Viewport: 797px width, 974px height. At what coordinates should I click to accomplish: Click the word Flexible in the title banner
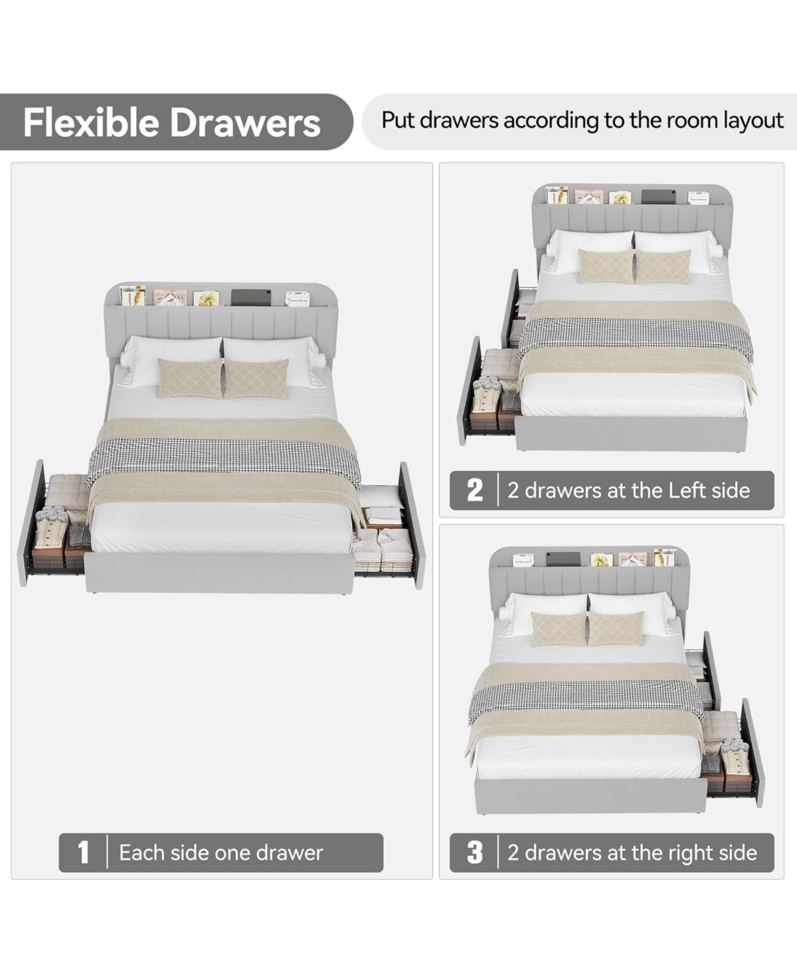(92, 122)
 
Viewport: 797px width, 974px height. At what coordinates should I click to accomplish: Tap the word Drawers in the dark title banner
(245, 123)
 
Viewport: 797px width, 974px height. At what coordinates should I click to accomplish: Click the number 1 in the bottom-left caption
(83, 852)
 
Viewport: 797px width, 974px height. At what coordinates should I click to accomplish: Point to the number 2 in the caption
(475, 490)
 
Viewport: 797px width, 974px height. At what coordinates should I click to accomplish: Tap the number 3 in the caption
(475, 852)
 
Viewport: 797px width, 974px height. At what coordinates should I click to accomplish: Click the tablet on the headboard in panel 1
(251, 297)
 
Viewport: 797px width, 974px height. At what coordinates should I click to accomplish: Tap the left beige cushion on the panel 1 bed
(190, 379)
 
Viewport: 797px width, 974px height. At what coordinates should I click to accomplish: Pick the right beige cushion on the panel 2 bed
(663, 267)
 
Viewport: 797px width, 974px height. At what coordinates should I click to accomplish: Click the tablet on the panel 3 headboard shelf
(563, 558)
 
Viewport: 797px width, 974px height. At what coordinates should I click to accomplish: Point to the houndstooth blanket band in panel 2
(636, 339)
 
